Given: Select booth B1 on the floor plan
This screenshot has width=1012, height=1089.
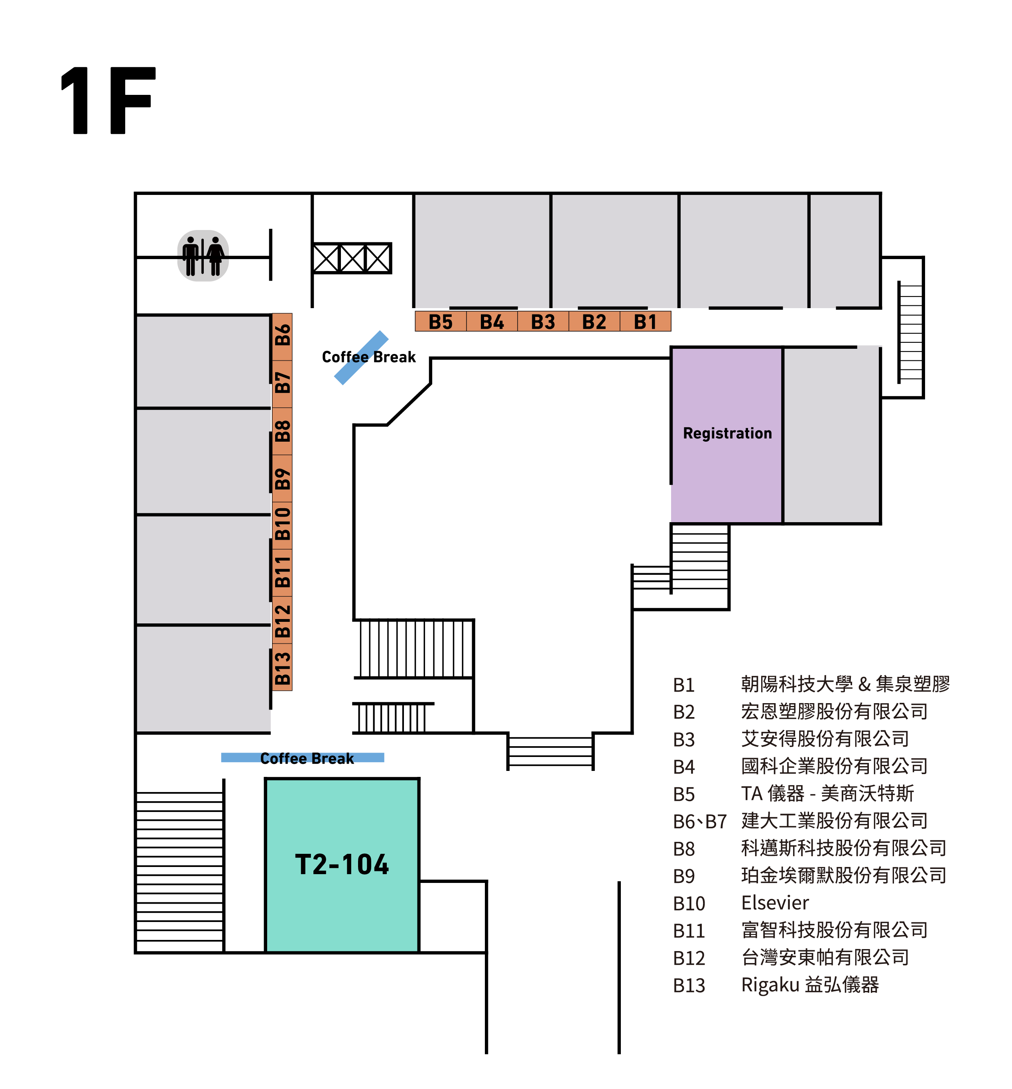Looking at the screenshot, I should [x=645, y=321].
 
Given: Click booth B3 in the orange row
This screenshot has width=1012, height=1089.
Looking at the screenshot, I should [x=543, y=321].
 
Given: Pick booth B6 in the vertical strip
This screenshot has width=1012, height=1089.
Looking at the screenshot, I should [x=282, y=336].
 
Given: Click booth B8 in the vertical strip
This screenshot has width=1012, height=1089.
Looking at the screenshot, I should [x=282, y=431].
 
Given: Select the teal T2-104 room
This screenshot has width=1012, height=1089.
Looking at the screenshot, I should [x=342, y=865].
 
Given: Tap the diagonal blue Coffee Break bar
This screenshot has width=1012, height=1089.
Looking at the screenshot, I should [x=361, y=358].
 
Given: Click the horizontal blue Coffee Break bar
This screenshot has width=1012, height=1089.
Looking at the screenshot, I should [x=302, y=758].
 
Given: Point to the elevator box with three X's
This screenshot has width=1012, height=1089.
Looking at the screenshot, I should [x=352, y=258].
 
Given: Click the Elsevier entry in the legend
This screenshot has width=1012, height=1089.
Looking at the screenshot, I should [x=774, y=903].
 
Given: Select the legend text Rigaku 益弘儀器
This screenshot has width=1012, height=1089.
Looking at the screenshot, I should [x=809, y=985].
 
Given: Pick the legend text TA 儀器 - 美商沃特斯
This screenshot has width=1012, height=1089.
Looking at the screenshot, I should [x=827, y=793].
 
